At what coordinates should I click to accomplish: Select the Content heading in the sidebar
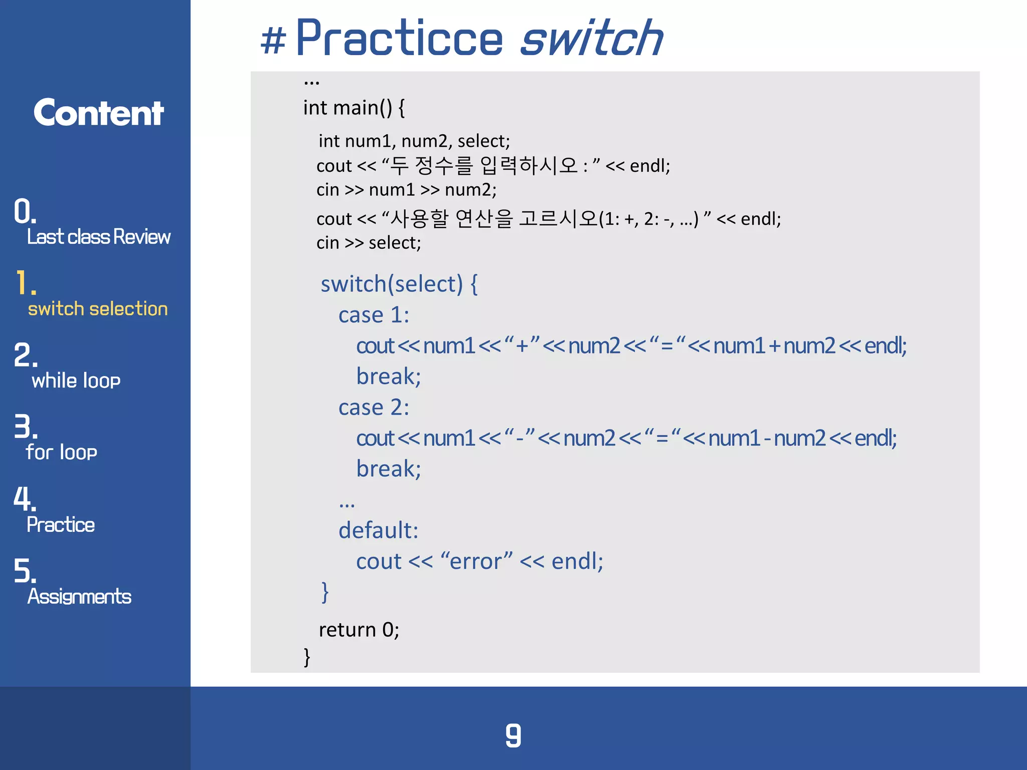pyautogui.click(x=98, y=113)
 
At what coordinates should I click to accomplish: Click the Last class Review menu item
pyautogui.click(x=98, y=237)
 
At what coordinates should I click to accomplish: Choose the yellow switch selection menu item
pyautogui.click(x=98, y=309)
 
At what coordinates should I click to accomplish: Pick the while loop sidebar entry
pyautogui.click(x=76, y=380)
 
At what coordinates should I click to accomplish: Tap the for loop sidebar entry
pyautogui.click(x=61, y=452)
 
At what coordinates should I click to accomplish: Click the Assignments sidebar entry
pyautogui.click(x=79, y=597)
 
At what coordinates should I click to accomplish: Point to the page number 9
pyautogui.click(x=513, y=735)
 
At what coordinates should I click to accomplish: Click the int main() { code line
pyautogui.click(x=354, y=108)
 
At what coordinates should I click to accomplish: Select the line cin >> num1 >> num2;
pyautogui.click(x=406, y=190)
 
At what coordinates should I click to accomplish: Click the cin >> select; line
pyautogui.click(x=369, y=243)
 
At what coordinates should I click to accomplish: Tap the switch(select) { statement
pyautogui.click(x=399, y=284)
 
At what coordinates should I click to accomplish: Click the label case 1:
pyautogui.click(x=374, y=315)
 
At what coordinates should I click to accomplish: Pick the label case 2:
pyautogui.click(x=374, y=408)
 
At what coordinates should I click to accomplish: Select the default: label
pyautogui.click(x=378, y=530)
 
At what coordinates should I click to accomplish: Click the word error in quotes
pyautogui.click(x=476, y=561)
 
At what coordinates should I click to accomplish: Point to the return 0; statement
pyautogui.click(x=359, y=630)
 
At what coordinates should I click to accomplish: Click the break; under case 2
pyautogui.click(x=388, y=469)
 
